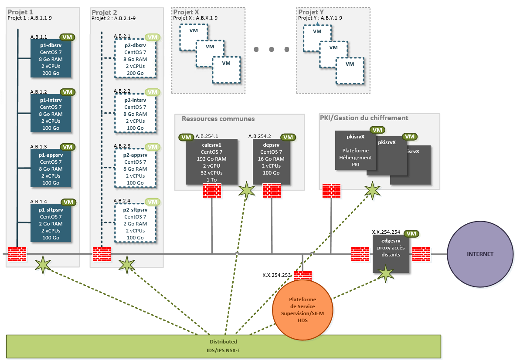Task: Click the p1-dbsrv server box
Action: coord(51,59)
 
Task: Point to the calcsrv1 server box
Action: coord(211,161)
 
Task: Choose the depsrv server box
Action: coord(272,161)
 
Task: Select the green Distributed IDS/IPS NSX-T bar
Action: coord(223,347)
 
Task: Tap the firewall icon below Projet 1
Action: coord(17,254)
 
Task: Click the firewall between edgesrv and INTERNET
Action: coord(421,254)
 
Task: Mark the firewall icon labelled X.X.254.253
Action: coord(302,276)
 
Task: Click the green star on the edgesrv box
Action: coord(386,273)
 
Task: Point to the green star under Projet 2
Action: coord(127,264)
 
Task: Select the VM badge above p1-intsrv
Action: coord(68,92)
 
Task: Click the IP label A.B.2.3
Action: coord(122,145)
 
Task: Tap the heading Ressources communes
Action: coord(218,118)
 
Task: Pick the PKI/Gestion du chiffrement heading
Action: coord(364,118)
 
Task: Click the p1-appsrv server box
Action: coord(51,168)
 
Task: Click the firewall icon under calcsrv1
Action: coord(212,191)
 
